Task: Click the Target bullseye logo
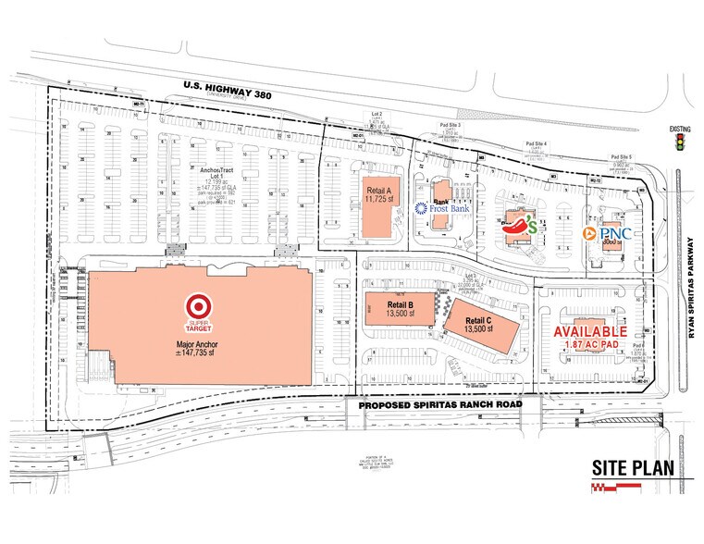[197, 305]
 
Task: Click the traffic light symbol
[681, 143]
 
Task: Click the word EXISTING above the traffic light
[681, 130]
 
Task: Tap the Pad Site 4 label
[537, 144]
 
